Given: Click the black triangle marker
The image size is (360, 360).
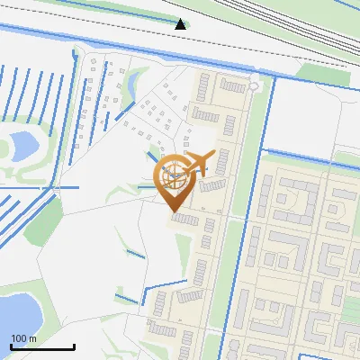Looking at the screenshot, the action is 181,24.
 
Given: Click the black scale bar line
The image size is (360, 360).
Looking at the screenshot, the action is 42,347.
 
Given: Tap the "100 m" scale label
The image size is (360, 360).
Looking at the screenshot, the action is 23,338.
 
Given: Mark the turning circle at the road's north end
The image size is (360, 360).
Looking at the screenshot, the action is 255,86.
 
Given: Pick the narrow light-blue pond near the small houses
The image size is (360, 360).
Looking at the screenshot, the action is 132,83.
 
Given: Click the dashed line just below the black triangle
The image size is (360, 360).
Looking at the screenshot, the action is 180,42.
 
